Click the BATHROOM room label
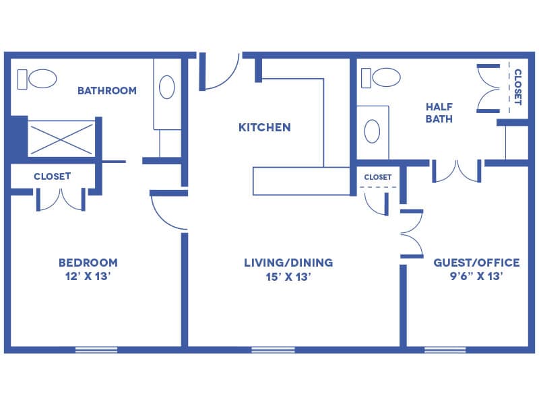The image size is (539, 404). click(x=107, y=91)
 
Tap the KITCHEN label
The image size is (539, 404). click(x=265, y=127)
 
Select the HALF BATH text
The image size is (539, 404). click(x=439, y=112)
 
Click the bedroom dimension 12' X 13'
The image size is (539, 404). click(x=88, y=276)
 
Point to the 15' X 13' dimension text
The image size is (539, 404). click(x=288, y=277)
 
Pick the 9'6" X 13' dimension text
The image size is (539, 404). click(x=476, y=276)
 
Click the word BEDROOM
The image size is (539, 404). click(x=88, y=263)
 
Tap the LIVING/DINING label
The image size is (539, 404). click(x=288, y=263)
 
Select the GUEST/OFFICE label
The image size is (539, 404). click(x=477, y=263)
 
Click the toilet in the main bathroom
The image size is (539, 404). click(x=37, y=79)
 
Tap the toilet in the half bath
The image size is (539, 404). click(x=381, y=77)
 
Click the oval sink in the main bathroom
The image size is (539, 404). click(x=167, y=88)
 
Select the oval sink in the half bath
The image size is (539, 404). click(x=372, y=131)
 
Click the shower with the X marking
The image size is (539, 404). click(x=61, y=139)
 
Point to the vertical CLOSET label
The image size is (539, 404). click(x=517, y=88)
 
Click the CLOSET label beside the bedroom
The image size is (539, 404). click(x=53, y=176)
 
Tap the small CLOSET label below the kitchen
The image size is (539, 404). click(x=378, y=177)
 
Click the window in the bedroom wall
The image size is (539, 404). click(x=96, y=350)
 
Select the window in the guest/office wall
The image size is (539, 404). click(x=445, y=350)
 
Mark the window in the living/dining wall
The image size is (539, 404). click(x=274, y=350)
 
